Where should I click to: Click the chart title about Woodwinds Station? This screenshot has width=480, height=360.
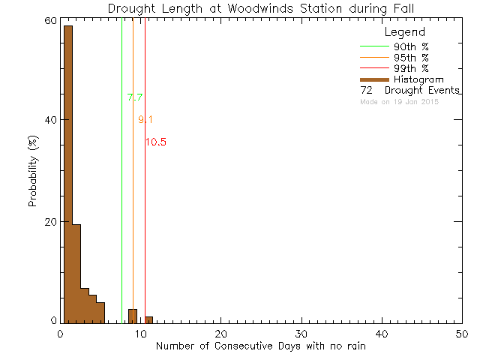pos(260,8)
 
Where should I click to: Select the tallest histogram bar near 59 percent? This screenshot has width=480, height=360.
pos(68,172)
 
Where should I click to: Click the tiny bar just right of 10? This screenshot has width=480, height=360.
pos(149,319)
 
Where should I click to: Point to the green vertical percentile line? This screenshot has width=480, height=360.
pos(122,187)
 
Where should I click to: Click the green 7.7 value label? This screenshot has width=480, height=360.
pos(135,97)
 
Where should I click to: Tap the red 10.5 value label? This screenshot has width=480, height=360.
pos(156,142)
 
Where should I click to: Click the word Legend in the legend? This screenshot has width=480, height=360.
pos(404,32)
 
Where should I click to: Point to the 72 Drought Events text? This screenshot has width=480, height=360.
pos(409,91)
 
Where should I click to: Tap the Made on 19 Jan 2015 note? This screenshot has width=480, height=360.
pos(399,101)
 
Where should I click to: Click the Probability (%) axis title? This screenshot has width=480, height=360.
pos(33,172)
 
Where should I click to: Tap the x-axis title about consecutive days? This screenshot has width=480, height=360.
pos(261,347)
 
